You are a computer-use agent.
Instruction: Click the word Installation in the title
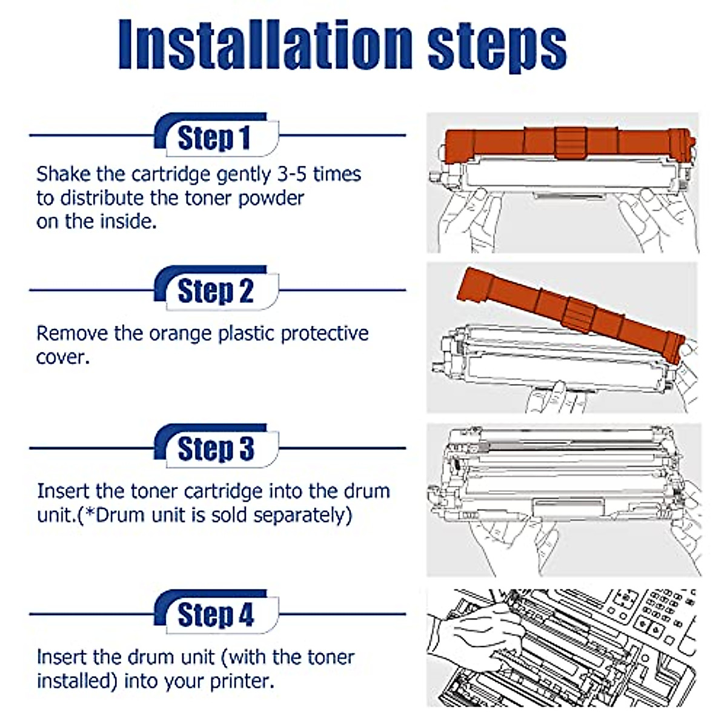click(x=265, y=44)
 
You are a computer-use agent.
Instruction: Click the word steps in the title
click(x=497, y=47)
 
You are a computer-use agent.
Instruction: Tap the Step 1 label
click(x=214, y=138)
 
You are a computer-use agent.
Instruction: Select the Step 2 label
click(x=216, y=291)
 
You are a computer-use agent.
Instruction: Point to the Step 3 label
click(x=216, y=448)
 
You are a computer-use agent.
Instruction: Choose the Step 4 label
click(x=216, y=614)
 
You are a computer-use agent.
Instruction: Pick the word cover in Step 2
click(x=62, y=357)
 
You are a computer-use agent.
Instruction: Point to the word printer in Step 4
click(x=242, y=682)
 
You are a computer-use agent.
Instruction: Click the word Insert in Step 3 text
click(x=62, y=491)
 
